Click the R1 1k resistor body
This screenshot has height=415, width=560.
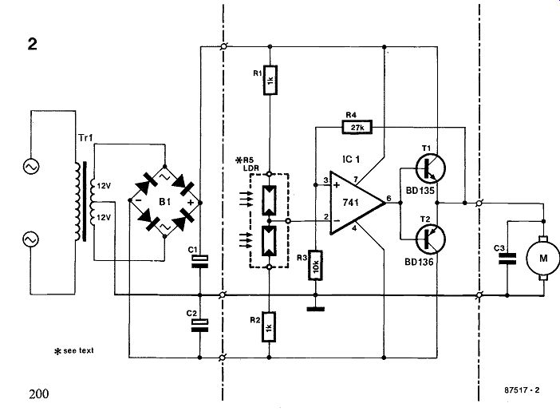tap(270, 80)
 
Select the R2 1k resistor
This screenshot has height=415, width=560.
tap(269, 326)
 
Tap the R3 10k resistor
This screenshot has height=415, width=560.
tap(315, 265)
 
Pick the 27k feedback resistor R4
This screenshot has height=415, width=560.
tap(357, 127)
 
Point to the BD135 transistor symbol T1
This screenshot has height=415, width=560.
tap(430, 168)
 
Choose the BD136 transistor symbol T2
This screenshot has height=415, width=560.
tap(430, 239)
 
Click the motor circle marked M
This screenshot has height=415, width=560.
tap(543, 258)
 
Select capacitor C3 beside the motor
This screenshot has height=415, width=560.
tap(507, 259)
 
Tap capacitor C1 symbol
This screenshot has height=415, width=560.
tap(199, 262)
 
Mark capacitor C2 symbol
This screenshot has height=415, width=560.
tap(199, 326)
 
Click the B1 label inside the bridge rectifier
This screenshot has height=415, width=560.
tap(164, 202)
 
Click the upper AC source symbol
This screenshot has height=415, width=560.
tap(31, 167)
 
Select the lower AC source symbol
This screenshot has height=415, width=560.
tap(31, 239)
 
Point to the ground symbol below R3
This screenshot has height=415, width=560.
tap(315, 309)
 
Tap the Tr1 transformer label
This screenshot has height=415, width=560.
tap(85, 138)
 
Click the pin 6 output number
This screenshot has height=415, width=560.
tap(389, 198)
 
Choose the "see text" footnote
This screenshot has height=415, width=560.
tap(74, 351)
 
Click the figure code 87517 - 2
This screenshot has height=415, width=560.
tap(522, 390)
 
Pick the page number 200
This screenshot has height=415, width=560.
tap(39, 394)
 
